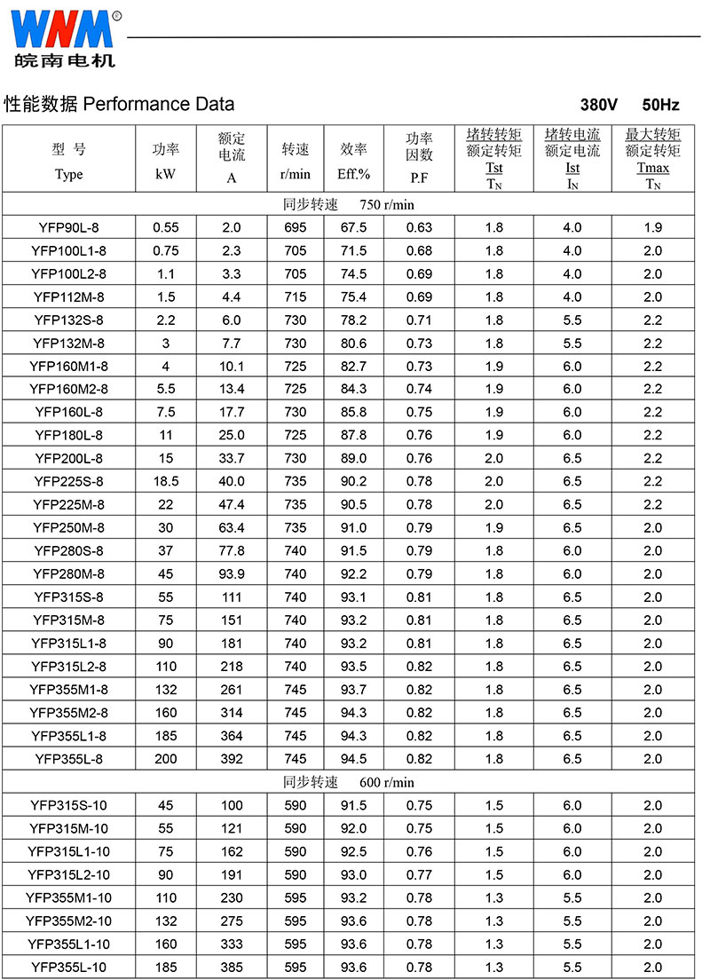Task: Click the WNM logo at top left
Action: (x=64, y=39)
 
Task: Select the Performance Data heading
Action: (x=120, y=104)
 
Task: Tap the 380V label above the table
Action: (x=599, y=105)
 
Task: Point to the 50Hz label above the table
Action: (x=660, y=105)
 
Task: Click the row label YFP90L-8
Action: (x=68, y=227)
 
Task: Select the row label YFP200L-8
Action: (x=68, y=458)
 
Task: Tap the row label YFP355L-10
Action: (x=68, y=967)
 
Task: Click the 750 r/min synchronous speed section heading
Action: (x=349, y=204)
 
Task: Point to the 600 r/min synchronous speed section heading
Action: (x=349, y=782)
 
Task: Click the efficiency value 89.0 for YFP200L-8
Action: (x=353, y=458)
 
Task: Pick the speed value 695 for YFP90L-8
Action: (x=296, y=227)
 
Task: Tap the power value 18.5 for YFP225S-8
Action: (x=166, y=481)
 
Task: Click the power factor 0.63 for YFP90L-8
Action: (x=420, y=227)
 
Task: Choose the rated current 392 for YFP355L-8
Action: (x=232, y=758)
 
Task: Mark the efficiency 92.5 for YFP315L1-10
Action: (x=353, y=851)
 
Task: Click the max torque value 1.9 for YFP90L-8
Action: (x=653, y=227)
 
